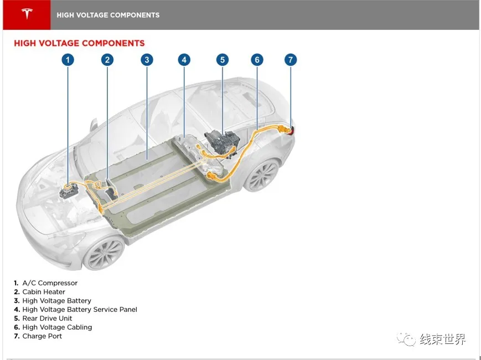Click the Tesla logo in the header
[x=27, y=14]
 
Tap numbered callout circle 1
[x=68, y=60]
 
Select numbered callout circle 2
[x=107, y=60]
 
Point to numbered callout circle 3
[x=146, y=60]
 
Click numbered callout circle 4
[x=184, y=60]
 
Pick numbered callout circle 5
[x=222, y=60]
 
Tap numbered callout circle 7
[x=291, y=60]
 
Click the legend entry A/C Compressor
[x=49, y=283]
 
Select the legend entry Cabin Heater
[x=43, y=292]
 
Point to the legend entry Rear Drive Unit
[x=47, y=318]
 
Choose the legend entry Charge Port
[x=42, y=336]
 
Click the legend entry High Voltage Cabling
[x=56, y=327]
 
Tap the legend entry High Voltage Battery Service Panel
[x=79, y=310]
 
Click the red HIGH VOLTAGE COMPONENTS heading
[x=79, y=43]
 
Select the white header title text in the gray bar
[x=108, y=15]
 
